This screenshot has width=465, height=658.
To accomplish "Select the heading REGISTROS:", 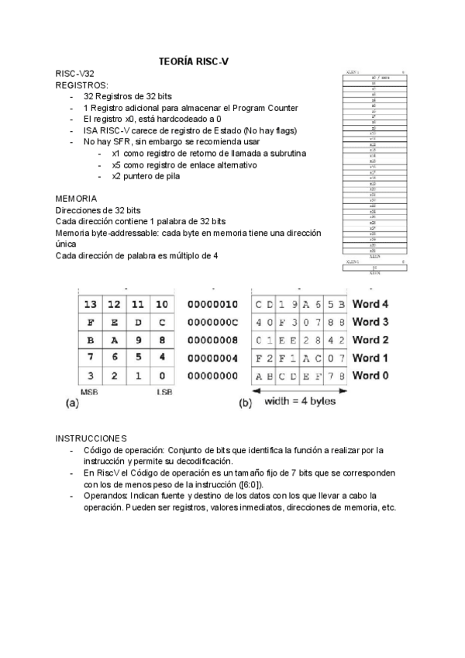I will coord(82,84).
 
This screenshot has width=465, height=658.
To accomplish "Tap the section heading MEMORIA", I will coord(77,199).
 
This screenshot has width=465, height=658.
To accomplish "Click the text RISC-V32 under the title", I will coord(75,73).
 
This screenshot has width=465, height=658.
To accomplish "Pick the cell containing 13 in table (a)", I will coord(90,304).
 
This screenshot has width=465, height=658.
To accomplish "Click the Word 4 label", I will coord(370,304).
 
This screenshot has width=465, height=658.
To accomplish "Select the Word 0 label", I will coord(370,376).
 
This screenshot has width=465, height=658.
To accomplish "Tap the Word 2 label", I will coord(370,340).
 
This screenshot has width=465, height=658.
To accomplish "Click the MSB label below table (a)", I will coord(88,393).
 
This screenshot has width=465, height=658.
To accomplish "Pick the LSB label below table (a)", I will coord(164,393).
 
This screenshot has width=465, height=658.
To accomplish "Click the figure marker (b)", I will coord(245,403).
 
